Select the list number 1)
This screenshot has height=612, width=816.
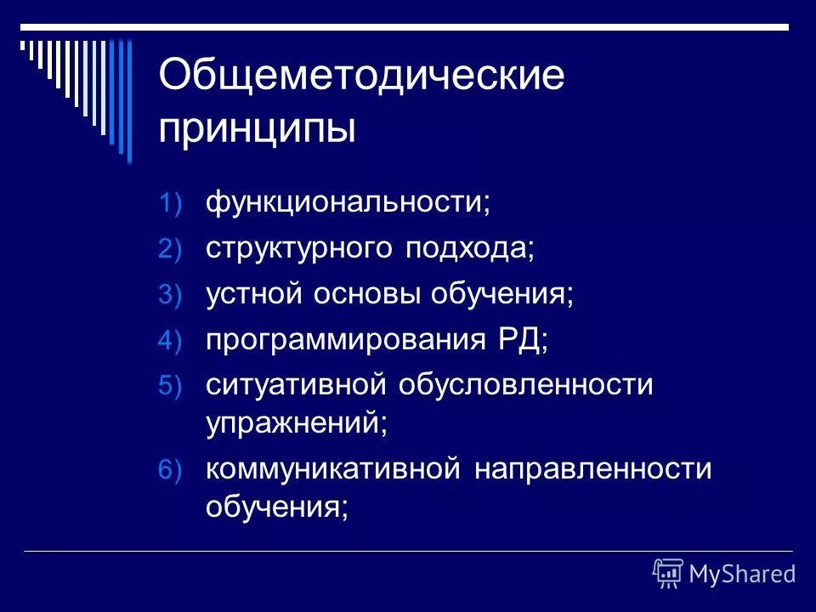coord(169,204)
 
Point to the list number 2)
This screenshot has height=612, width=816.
coord(169,250)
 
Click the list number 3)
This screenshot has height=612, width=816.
coord(169,295)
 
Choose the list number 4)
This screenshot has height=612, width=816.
coord(169,341)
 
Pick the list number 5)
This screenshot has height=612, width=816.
coord(169,387)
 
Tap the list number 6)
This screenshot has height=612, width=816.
coord(169,470)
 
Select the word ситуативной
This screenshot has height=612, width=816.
coord(293,385)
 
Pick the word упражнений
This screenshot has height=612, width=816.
coord(293,423)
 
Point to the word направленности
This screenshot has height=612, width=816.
coord(593,468)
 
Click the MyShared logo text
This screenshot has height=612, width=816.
coord(741,575)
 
